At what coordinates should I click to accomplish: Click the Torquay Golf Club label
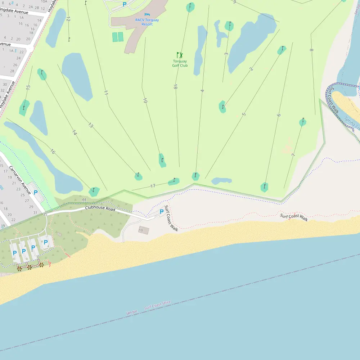(x=180, y=63)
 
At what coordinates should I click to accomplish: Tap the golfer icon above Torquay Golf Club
(x=180, y=55)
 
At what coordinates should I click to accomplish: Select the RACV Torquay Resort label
(x=147, y=22)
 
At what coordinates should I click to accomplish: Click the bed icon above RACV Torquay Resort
(x=147, y=14)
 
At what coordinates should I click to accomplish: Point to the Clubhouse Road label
(x=100, y=209)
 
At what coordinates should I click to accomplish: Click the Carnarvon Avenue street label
(x=20, y=180)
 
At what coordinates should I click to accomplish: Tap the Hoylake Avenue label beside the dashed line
(x=8, y=95)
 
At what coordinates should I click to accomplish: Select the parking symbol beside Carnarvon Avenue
(x=36, y=192)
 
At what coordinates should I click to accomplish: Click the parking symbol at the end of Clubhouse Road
(x=162, y=211)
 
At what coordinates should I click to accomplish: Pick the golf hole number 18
(x=175, y=87)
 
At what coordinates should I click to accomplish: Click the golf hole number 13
(x=90, y=126)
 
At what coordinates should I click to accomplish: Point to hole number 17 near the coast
(x=153, y=186)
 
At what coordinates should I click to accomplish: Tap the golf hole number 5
(x=244, y=114)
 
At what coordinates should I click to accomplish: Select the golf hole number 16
(x=53, y=152)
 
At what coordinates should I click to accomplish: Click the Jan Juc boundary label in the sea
(x=132, y=312)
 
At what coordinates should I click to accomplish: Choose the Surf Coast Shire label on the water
(x=157, y=305)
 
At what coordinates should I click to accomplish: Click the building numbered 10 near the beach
(x=143, y=230)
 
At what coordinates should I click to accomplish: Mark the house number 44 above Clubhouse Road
(x=84, y=199)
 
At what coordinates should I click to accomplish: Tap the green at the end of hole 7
(x=303, y=122)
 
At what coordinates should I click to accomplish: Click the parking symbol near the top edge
(x=125, y=4)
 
